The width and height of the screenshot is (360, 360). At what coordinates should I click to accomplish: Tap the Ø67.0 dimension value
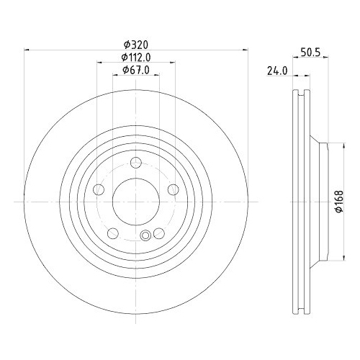click(x=135, y=70)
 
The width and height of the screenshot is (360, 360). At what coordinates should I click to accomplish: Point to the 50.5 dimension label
click(x=309, y=53)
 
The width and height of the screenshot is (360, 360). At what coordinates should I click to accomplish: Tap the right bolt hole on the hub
click(x=173, y=190)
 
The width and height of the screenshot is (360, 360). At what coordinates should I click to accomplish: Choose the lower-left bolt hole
click(x=113, y=233)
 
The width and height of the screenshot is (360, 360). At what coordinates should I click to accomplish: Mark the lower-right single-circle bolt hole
click(x=159, y=233)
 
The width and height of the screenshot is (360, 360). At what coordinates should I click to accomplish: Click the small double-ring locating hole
click(x=146, y=235)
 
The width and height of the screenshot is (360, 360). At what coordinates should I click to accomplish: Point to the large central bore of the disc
click(x=136, y=201)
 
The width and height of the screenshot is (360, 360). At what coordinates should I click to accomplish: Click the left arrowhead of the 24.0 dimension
click(x=296, y=74)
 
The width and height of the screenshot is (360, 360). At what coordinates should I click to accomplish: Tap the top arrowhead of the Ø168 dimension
click(x=330, y=143)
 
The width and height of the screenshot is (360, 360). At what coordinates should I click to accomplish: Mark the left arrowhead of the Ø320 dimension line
click(x=27, y=49)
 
